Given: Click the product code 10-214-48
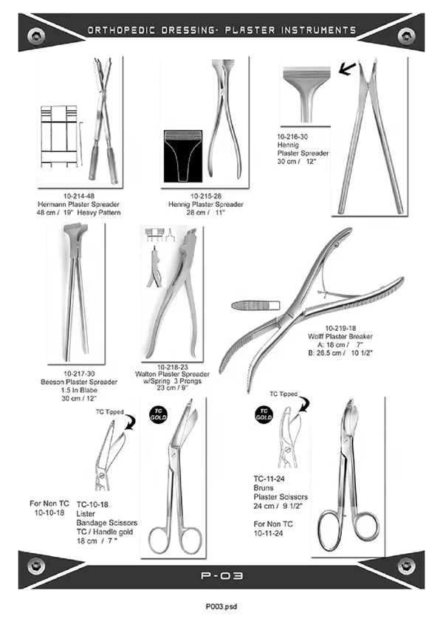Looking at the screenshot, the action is [79, 196].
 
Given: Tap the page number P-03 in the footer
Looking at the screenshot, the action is [221, 576].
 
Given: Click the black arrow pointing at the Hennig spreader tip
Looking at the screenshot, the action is [347, 69].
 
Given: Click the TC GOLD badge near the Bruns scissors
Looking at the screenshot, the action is [264, 414].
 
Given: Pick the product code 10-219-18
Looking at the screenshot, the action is [340, 329].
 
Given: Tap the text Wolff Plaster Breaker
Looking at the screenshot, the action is [340, 337].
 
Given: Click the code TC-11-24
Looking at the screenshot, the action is [269, 479].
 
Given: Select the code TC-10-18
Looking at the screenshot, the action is [92, 504].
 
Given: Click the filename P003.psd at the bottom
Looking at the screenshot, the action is [221, 606].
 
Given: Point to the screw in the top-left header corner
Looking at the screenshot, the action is [36, 37].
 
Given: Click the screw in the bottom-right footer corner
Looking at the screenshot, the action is [406, 566].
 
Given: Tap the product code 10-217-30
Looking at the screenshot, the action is [79, 374].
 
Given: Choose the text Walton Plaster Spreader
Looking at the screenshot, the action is [172, 374].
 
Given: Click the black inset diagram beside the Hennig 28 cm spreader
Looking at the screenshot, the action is [183, 156].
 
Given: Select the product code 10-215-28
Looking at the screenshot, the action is [205, 196].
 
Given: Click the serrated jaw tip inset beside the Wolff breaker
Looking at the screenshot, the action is [256, 306].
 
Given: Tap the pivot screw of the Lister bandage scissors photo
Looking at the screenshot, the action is [173, 455].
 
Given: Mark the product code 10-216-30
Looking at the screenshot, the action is [292, 137].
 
